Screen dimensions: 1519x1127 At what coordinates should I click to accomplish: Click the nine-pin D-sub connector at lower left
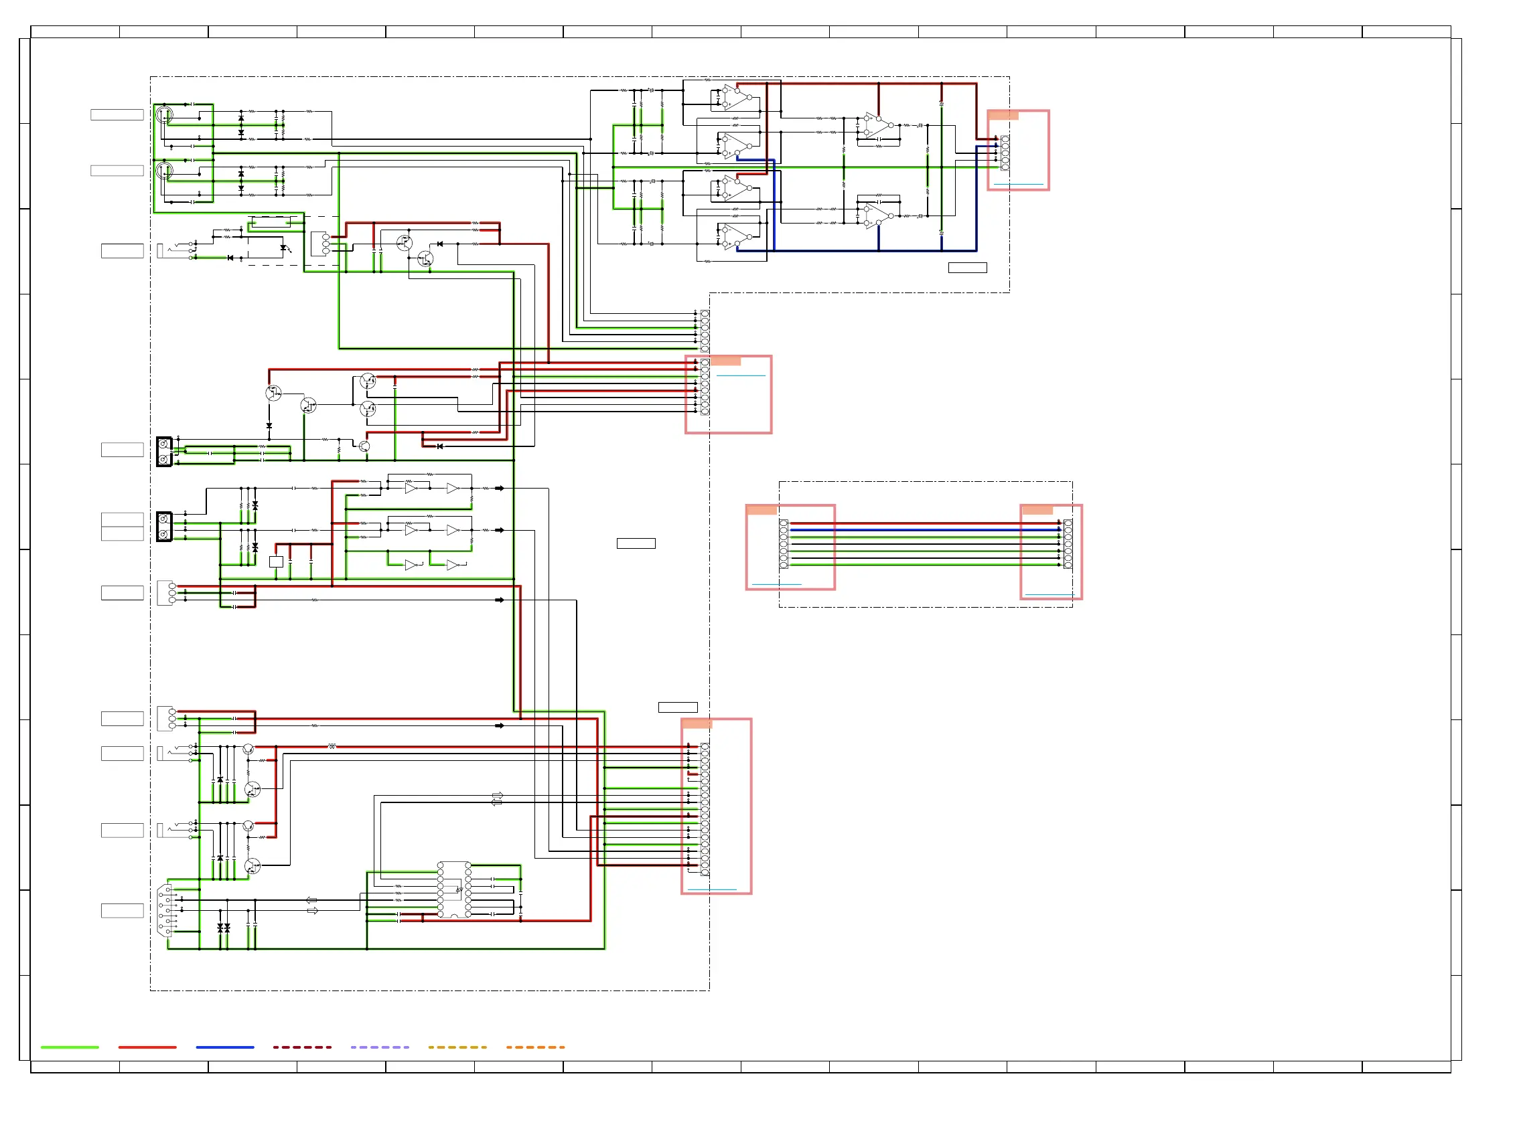pos(165,910)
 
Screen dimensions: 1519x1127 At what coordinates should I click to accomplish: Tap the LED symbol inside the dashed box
pos(284,248)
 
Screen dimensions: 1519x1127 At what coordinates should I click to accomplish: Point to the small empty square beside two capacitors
pos(276,561)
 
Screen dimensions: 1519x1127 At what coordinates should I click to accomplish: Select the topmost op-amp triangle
pos(736,98)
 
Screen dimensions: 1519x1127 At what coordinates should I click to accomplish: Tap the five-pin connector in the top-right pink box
pos(1005,152)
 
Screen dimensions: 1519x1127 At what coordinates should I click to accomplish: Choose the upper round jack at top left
pos(165,114)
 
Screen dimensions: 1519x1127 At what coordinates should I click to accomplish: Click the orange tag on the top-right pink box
pos(1003,115)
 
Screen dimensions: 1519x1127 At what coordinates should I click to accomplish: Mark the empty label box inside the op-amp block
pos(967,268)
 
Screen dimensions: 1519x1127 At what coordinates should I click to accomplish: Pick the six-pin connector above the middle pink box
pos(705,331)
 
